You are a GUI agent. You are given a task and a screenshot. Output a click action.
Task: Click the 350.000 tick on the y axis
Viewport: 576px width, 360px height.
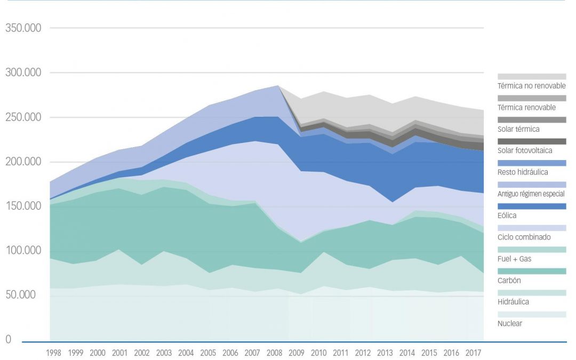click(x=23, y=28)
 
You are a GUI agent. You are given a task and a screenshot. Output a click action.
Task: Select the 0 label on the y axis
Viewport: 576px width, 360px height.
click(x=8, y=340)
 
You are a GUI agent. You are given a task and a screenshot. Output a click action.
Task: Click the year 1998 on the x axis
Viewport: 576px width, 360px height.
click(x=53, y=353)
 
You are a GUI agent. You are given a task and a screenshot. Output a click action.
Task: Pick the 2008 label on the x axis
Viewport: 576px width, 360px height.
click(x=274, y=353)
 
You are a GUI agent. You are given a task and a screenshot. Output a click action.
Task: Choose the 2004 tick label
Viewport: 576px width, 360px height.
click(x=186, y=353)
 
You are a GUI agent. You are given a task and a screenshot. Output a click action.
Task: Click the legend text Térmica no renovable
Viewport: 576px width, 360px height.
click(x=531, y=86)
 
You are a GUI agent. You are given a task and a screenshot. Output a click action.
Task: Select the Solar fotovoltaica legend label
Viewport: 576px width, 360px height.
click(x=524, y=151)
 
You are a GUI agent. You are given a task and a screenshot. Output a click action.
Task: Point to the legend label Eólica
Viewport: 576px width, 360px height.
click(x=507, y=215)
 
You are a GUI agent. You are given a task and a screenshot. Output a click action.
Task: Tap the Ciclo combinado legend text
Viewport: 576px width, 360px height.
click(x=524, y=237)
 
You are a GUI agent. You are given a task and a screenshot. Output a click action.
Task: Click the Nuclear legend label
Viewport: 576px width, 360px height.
click(x=510, y=324)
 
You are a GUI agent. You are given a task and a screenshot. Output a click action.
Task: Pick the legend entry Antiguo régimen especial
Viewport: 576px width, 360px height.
click(x=531, y=194)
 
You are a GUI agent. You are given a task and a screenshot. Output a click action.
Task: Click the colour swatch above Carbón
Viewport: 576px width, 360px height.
click(x=532, y=271)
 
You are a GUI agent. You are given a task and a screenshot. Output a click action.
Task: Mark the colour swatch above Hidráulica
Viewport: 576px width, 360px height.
click(x=532, y=293)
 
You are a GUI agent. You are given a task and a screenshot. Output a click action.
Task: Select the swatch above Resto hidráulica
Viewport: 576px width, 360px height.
click(x=532, y=163)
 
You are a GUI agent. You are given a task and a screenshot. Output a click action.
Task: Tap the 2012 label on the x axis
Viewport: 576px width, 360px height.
click(x=362, y=353)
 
